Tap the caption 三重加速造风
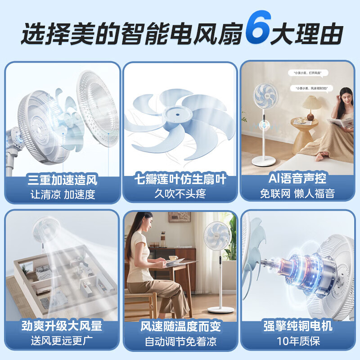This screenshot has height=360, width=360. (x=62, y=180)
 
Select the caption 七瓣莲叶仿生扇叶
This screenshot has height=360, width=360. (x=180, y=180)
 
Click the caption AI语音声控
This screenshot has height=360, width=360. (x=297, y=180)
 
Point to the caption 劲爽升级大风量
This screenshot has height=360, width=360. (x=62, y=326)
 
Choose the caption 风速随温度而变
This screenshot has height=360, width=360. (x=180, y=326)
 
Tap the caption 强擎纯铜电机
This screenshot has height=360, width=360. (x=297, y=325)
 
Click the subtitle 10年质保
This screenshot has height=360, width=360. (x=297, y=341)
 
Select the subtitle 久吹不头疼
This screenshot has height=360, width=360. (x=180, y=195)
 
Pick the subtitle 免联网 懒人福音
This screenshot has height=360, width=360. (x=297, y=194)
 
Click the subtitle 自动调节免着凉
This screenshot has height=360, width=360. (x=180, y=341)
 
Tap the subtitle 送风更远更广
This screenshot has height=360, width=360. (x=62, y=341)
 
